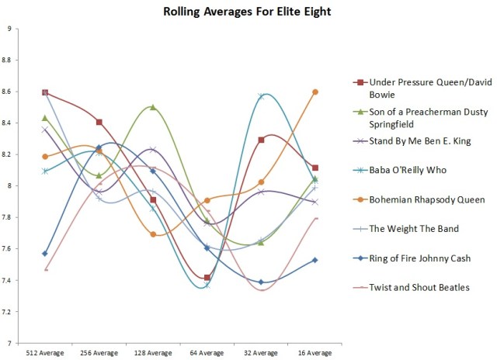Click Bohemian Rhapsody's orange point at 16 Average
[x=315, y=92]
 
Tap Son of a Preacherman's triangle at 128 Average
[x=153, y=107]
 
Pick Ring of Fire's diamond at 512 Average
[x=46, y=253]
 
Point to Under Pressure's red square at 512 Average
[x=46, y=93]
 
